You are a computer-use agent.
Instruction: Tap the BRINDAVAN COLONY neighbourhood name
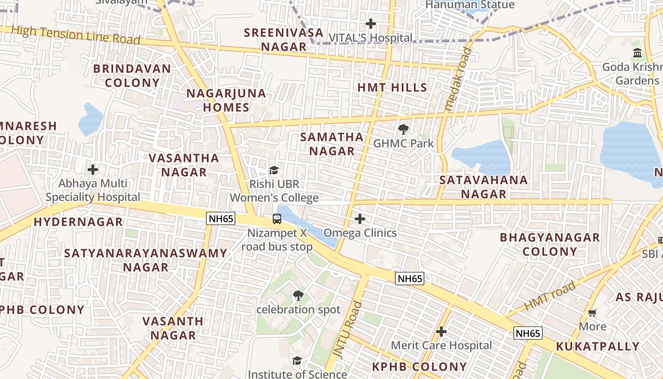132,76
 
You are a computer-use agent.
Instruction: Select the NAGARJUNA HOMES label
226,100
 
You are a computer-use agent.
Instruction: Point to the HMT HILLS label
392,88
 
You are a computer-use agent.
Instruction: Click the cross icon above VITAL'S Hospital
371,23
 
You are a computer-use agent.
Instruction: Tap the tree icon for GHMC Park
403,129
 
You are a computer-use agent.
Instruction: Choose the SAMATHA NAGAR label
332,144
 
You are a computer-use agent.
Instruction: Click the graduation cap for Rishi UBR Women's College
274,170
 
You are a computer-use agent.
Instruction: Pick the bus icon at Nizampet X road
277,219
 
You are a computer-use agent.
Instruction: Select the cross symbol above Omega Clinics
360,219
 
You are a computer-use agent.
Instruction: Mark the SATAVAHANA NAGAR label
484,187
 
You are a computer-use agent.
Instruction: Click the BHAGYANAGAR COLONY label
550,244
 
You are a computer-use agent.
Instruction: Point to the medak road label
458,79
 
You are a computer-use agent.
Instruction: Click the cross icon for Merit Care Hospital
441,332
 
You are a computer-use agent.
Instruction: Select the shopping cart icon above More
592,313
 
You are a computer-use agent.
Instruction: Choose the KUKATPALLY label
598,346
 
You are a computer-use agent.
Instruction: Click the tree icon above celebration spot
298,296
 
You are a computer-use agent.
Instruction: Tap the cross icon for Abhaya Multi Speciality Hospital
93,169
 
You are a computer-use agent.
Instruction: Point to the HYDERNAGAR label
78,222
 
